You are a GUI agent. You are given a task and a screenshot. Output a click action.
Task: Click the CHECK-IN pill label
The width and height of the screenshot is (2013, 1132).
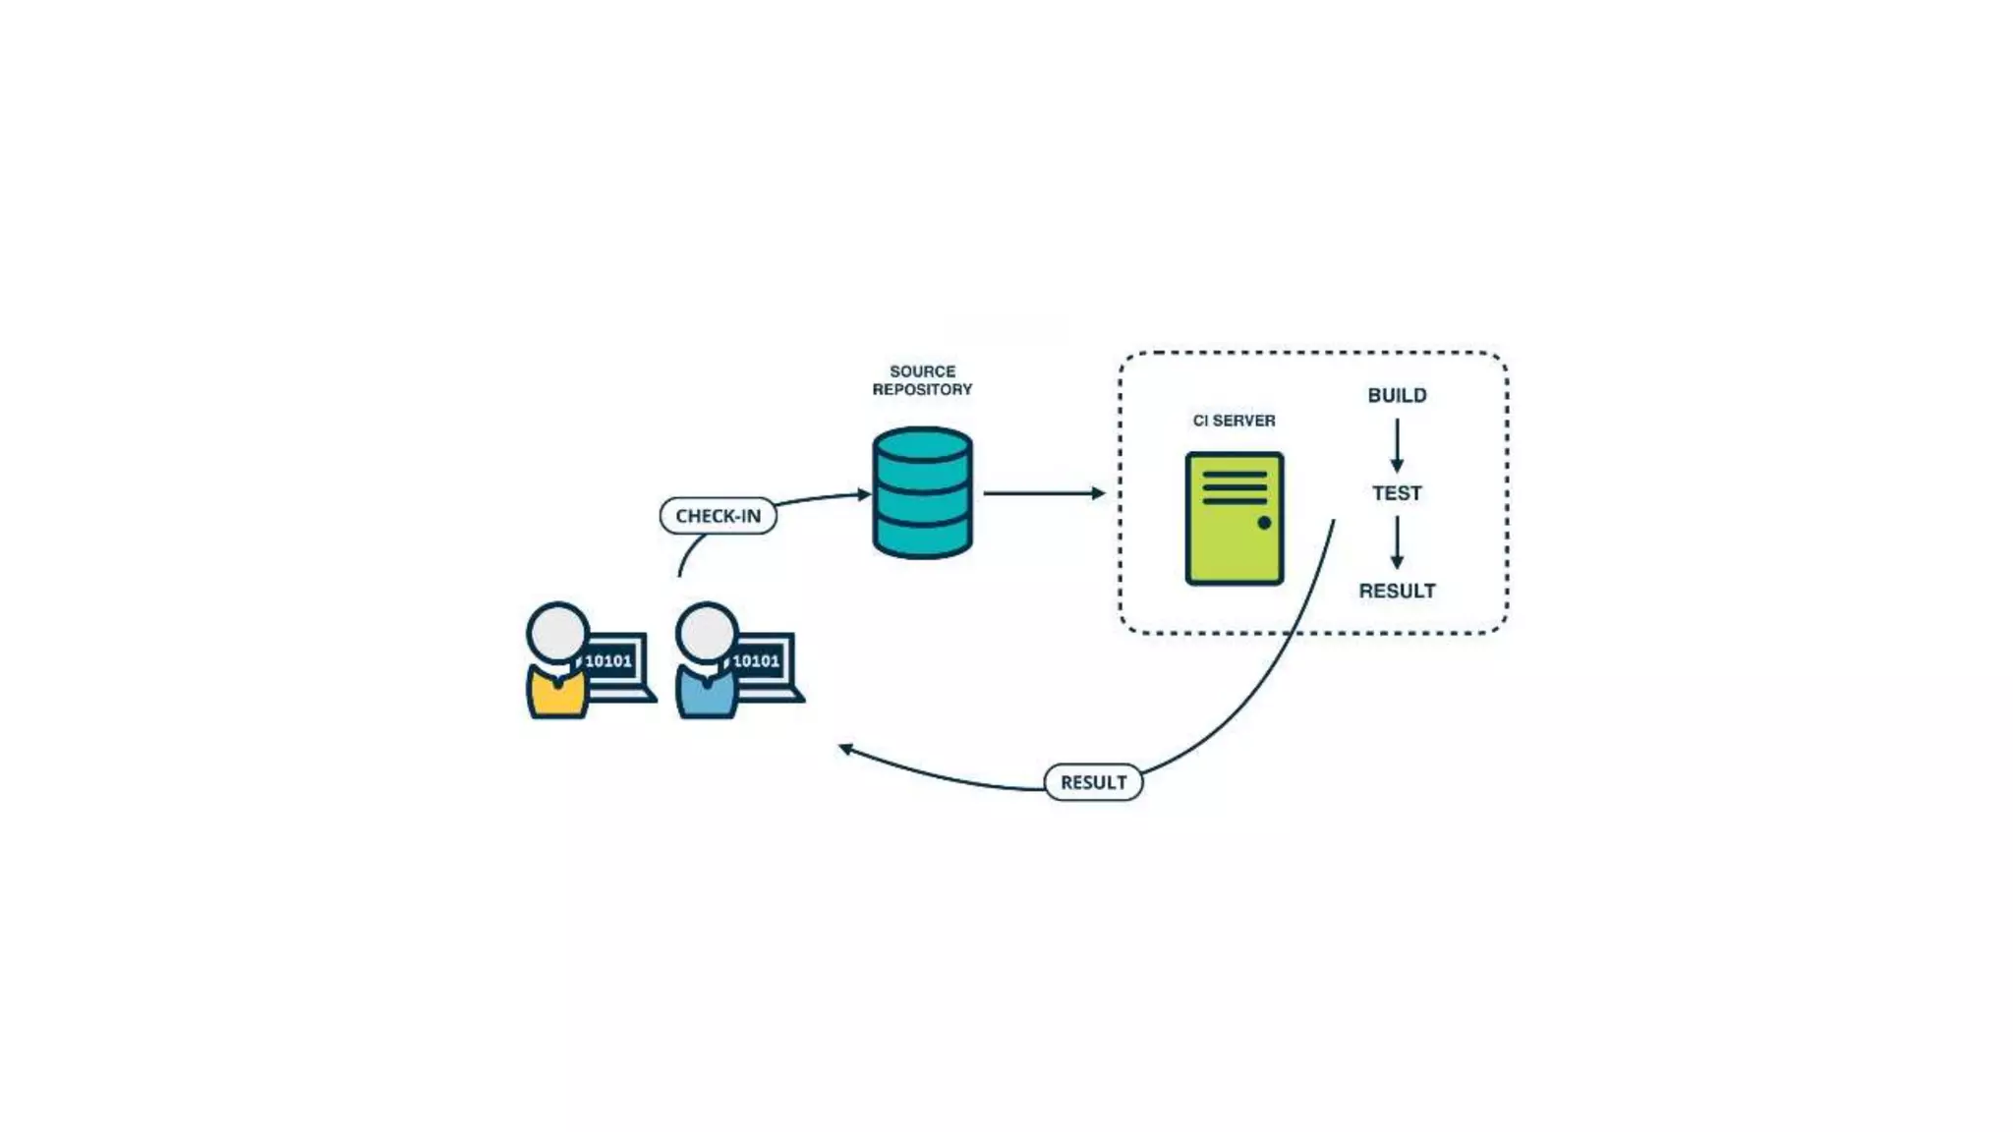pyautogui.click(x=718, y=516)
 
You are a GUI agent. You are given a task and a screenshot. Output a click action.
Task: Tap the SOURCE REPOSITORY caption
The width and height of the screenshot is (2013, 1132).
pyautogui.click(x=922, y=380)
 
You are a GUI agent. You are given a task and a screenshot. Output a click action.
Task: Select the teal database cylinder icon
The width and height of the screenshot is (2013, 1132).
pyautogui.click(x=922, y=493)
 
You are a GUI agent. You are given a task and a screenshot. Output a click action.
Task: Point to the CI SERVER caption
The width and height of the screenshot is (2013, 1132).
pyautogui.click(x=1234, y=421)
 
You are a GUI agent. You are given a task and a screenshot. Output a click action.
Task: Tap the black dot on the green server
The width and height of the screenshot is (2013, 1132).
pyautogui.click(x=1264, y=523)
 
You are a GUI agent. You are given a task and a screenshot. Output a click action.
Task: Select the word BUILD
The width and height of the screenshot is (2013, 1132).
pyautogui.click(x=1397, y=395)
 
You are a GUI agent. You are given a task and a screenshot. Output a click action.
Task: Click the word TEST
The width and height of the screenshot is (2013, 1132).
pyautogui.click(x=1397, y=493)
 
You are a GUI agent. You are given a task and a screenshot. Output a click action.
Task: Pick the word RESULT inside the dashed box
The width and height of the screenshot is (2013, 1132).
pyautogui.click(x=1397, y=591)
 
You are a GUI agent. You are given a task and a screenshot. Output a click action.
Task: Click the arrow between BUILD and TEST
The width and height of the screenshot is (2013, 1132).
pyautogui.click(x=1397, y=445)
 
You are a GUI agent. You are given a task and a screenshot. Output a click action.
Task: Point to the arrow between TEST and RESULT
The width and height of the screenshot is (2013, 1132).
pyautogui.click(x=1397, y=542)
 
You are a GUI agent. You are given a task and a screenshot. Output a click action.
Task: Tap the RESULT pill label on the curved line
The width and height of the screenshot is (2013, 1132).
pyautogui.click(x=1093, y=782)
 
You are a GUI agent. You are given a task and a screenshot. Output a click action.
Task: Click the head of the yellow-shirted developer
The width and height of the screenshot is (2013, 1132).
pyautogui.click(x=557, y=632)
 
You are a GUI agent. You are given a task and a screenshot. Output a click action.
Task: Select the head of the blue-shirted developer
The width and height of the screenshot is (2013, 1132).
pyautogui.click(x=706, y=632)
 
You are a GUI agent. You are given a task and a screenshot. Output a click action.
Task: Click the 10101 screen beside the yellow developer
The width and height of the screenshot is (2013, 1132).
pyautogui.click(x=608, y=660)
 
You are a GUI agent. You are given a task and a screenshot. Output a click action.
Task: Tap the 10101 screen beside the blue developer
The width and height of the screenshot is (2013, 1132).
pyautogui.click(x=756, y=660)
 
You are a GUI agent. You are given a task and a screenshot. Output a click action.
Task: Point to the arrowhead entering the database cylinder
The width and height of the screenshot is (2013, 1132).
pyautogui.click(x=865, y=494)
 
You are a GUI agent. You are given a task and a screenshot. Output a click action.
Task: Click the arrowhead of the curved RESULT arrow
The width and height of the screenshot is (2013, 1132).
pyautogui.click(x=844, y=749)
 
